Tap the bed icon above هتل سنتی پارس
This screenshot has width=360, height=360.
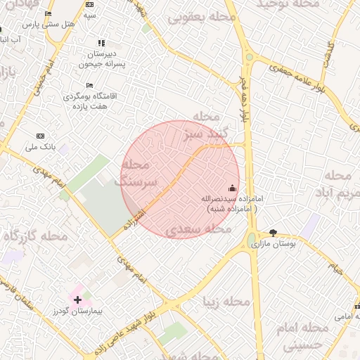48,14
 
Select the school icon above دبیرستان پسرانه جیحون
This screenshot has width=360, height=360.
102,44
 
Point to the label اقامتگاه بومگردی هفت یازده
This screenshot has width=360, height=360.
90,100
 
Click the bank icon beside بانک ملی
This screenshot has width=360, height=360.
40,136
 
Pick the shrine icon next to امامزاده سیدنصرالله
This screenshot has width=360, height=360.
233,188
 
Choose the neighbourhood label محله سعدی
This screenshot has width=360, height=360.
198,229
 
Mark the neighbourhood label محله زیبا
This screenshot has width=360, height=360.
226,302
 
